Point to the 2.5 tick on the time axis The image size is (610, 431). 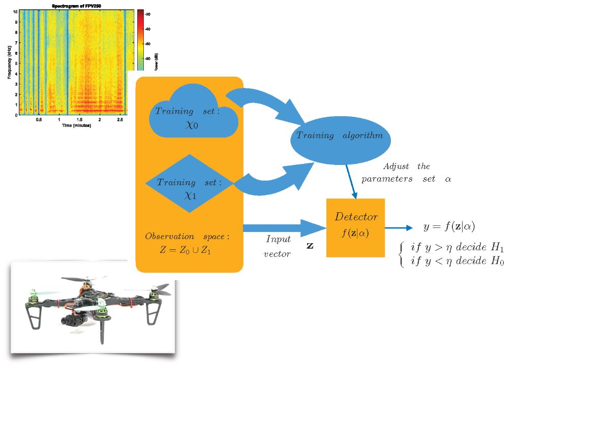pos(120,120)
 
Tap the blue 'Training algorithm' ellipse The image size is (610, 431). pos(339,136)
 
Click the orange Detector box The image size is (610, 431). pos(355,227)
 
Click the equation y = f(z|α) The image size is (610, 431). pos(449,226)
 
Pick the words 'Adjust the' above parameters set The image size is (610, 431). pos(406,167)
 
